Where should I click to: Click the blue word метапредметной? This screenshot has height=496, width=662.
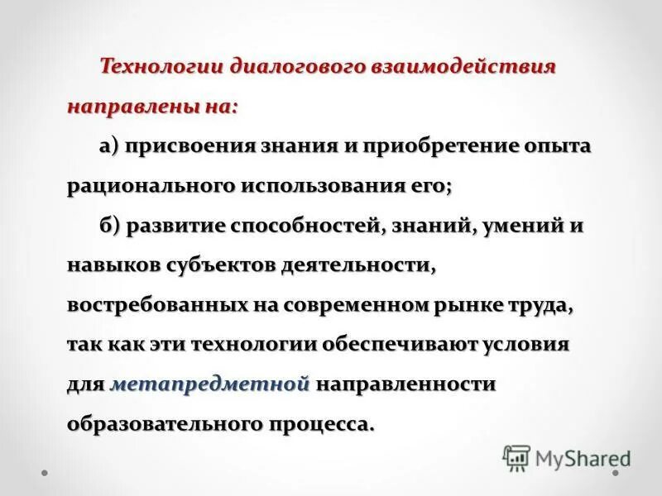[x=209, y=384]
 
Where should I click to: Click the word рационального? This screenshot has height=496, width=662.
[x=151, y=186]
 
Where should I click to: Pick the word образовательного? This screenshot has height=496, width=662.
[x=165, y=424]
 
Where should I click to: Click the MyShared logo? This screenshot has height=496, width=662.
[x=566, y=456]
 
